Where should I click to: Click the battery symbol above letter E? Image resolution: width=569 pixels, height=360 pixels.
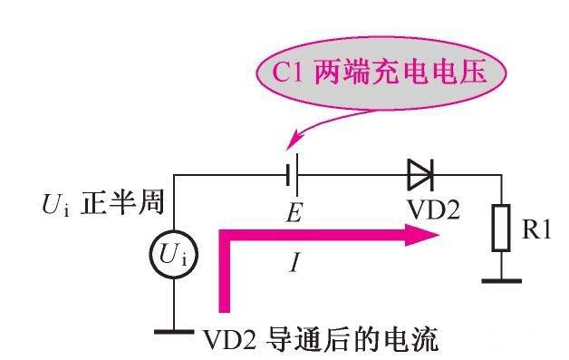pyautogui.click(x=292, y=172)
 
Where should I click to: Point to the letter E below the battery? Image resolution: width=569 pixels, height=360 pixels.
pyautogui.click(x=292, y=214)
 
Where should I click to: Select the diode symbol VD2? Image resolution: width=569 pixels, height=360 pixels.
pyautogui.click(x=421, y=171)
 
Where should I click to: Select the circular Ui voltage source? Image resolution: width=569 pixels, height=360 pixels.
pyautogui.click(x=173, y=258)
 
